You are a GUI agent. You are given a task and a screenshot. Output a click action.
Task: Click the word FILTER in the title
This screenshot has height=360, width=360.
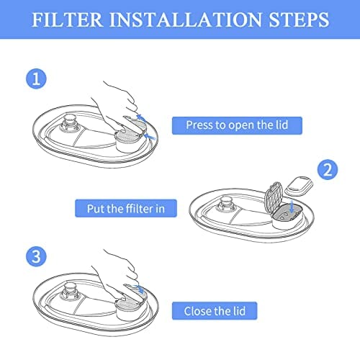tap(68, 19)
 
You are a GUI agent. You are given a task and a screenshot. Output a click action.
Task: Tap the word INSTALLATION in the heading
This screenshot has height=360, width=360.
tap(186, 19)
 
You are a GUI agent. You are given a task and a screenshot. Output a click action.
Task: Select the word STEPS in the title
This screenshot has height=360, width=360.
tap(299, 19)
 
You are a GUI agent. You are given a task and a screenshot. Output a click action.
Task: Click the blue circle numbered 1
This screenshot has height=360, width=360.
tap(36, 78)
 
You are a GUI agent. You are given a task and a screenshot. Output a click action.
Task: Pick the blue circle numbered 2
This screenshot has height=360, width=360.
tap(328, 169)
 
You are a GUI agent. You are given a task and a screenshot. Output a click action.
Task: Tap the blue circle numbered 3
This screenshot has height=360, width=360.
tap(36, 256)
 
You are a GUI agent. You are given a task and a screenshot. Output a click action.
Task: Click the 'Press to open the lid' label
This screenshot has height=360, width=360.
tap(237, 125)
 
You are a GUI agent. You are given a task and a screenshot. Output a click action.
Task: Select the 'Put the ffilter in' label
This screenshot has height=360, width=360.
tap(126, 208)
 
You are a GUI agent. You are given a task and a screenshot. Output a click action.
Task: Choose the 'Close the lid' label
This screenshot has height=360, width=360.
tap(215, 311)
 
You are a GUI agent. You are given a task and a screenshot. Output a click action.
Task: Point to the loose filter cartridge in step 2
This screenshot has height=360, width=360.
tap(299, 185)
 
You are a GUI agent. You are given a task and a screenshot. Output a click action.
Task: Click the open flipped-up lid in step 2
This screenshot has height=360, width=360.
tap(274, 197)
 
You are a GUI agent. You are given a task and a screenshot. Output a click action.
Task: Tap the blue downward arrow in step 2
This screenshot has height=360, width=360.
tap(292, 206)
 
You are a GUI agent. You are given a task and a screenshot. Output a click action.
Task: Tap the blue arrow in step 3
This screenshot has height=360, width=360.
tap(139, 289)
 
